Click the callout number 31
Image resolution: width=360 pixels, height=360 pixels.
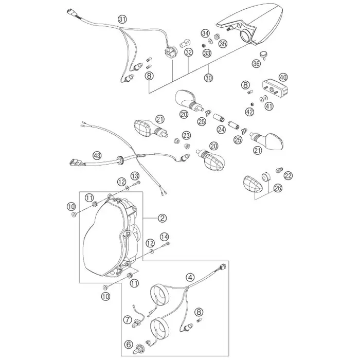tap(122, 20)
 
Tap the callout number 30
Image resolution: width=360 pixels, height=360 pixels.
tap(208, 78)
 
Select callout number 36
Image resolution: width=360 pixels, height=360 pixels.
tap(256, 63)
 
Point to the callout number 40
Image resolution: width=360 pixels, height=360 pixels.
tap(283, 77)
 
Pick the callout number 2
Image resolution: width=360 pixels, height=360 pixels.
tap(163, 218)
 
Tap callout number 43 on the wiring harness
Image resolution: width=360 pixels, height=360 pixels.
tap(97, 156)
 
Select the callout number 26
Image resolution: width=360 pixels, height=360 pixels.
tap(278, 188)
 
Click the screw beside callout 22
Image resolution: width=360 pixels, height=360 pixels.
tap(279, 170)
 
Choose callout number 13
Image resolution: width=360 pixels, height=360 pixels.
tap(135, 176)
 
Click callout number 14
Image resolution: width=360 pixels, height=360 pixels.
tap(165, 237)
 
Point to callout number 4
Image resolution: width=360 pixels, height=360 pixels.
tap(190, 277)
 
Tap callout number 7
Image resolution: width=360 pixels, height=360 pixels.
tap(128, 319)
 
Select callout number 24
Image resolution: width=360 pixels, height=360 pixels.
tap(222, 130)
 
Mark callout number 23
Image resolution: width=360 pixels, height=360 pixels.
tap(186, 135)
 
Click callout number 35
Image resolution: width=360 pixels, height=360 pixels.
tap(223, 43)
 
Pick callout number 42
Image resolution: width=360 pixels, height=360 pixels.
tap(249, 112)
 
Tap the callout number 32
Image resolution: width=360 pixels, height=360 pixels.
tap(189, 52)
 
